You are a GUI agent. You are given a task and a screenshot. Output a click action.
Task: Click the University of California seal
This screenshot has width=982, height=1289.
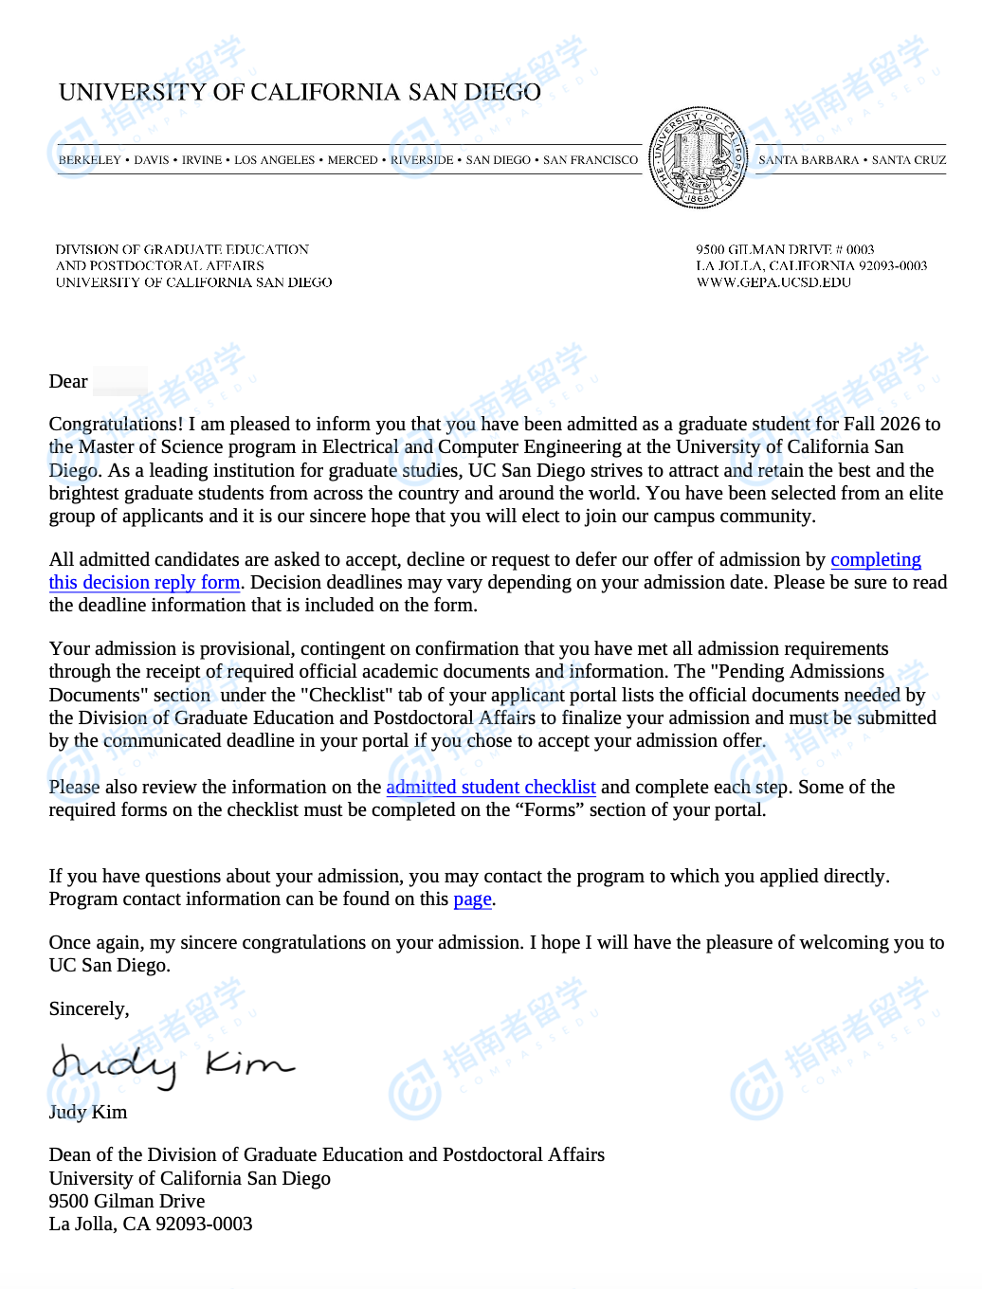pos(699,157)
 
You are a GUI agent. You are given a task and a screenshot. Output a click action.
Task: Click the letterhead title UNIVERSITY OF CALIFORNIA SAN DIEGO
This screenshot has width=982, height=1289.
pos(300,92)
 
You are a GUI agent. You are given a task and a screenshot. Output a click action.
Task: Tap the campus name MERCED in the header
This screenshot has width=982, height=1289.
pos(353,160)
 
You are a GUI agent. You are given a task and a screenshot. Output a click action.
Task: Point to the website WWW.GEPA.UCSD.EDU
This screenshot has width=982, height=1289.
pos(773,282)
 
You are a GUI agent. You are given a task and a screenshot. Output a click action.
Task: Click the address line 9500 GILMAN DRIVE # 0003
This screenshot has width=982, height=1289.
pos(785,250)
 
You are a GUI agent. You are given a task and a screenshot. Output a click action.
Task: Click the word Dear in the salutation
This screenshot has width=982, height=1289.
pos(68,382)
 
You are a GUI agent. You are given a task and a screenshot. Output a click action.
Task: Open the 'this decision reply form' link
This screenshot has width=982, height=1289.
pos(144,583)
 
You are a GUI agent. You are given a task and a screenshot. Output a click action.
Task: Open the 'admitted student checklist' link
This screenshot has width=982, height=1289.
pos(491,788)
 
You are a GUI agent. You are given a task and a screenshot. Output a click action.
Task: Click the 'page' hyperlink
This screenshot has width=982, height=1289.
pos(472,899)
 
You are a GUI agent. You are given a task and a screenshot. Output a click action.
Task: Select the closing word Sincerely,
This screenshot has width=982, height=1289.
pos(89,1009)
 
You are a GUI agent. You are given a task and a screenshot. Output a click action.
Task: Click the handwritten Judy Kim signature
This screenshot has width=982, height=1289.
pos(171,1065)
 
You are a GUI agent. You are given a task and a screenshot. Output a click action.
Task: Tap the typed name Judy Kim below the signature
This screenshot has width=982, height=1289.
pos(88,1113)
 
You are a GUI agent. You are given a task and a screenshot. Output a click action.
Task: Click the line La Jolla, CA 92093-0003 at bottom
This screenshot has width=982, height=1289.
pos(151,1225)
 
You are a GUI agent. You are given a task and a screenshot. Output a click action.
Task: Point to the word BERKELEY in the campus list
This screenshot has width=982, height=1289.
pos(90,160)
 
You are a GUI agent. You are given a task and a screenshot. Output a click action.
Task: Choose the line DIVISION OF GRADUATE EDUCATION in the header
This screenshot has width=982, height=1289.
pos(182,250)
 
